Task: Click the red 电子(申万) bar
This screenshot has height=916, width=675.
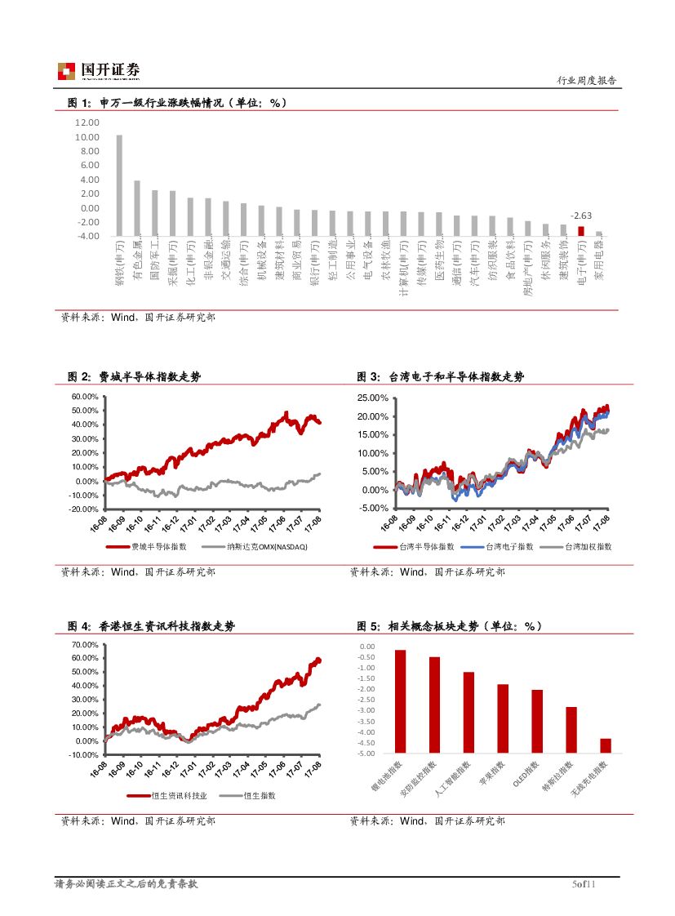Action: click(x=581, y=231)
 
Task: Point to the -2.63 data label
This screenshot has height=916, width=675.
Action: click(x=581, y=216)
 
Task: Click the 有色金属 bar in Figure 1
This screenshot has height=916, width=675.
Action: click(x=137, y=208)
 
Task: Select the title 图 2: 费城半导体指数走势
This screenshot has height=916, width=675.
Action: click(x=134, y=376)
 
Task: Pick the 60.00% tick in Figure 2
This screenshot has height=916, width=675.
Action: click(x=85, y=397)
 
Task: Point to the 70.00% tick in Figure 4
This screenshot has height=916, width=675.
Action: click(x=85, y=645)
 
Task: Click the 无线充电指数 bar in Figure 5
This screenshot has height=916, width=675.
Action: click(x=605, y=745)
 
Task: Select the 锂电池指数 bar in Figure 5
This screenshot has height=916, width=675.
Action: click(x=400, y=700)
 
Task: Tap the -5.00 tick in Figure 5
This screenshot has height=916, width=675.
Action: click(x=366, y=753)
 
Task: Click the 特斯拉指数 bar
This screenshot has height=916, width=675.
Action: click(x=571, y=729)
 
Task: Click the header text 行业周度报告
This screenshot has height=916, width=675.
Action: click(x=586, y=81)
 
